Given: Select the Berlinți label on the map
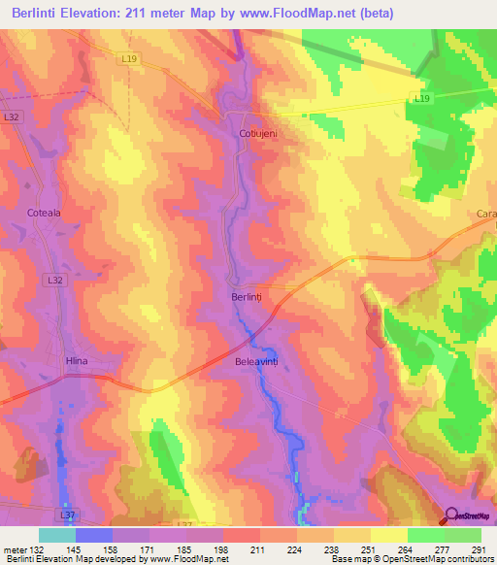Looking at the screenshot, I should (247, 297).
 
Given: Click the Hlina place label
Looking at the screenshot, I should (76, 361).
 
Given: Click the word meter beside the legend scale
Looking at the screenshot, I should (15, 548).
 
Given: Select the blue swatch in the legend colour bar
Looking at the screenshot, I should (94, 535).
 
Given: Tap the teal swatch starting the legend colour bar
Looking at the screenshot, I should (57, 535).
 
